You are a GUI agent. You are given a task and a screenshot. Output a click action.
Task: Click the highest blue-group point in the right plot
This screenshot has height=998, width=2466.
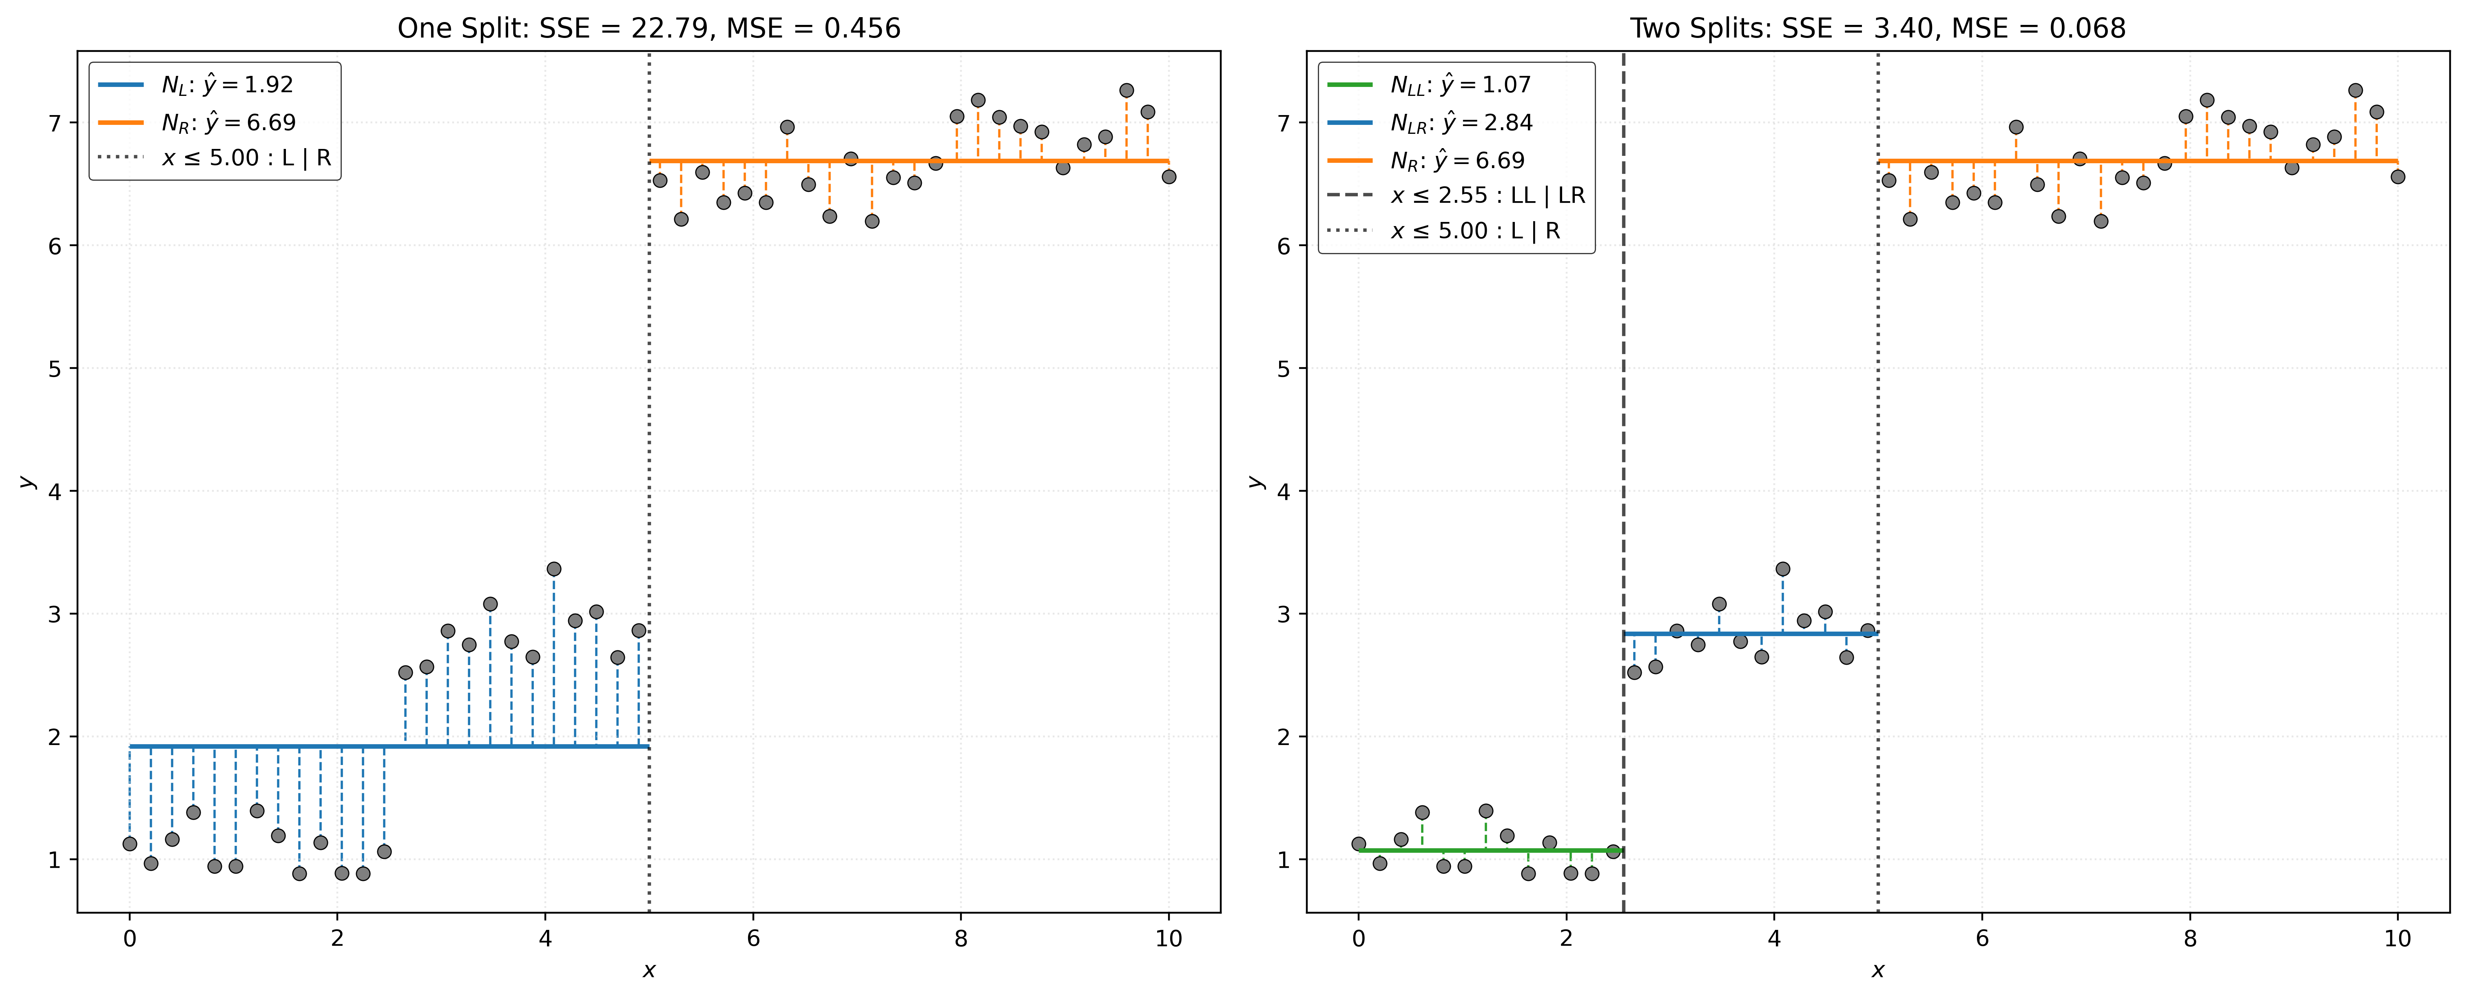pos(1782,569)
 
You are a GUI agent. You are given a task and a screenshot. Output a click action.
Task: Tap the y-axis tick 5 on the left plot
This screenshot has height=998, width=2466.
pos(55,369)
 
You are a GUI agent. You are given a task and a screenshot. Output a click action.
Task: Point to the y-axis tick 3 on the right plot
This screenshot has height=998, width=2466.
pos(1284,614)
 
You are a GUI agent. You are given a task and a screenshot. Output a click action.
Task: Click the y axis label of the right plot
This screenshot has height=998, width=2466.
pos(1255,482)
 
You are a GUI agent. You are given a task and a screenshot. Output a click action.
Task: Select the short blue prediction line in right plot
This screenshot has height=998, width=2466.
pos(1750,633)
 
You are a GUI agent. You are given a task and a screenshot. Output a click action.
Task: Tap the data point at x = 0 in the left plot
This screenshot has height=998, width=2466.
pos(130,844)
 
